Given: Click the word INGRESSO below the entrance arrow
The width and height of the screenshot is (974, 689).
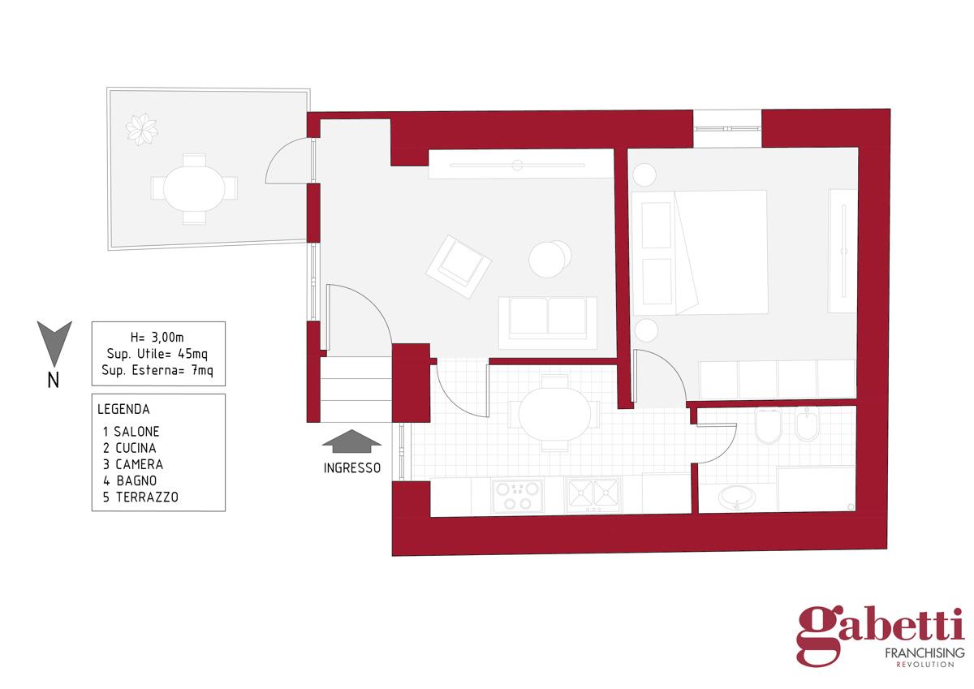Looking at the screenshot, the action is pyautogui.click(x=352, y=467).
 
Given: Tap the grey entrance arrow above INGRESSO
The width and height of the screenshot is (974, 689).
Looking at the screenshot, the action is pyautogui.click(x=351, y=441).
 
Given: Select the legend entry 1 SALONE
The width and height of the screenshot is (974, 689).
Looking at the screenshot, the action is pyautogui.click(x=131, y=432).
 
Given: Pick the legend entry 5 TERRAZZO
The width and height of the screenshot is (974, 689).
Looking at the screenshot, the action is pyautogui.click(x=140, y=497).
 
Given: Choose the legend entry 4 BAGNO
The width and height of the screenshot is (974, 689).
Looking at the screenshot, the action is pyautogui.click(x=130, y=480).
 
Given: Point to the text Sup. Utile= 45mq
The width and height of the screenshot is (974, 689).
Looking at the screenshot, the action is pyautogui.click(x=157, y=355).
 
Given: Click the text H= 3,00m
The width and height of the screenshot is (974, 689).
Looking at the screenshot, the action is pyautogui.click(x=157, y=338).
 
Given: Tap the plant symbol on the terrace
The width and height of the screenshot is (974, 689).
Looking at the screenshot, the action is pyautogui.click(x=141, y=129).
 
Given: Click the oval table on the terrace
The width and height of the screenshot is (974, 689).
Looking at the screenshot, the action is pyautogui.click(x=194, y=188).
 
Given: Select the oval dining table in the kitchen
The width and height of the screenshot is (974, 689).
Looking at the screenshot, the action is pyautogui.click(x=554, y=413).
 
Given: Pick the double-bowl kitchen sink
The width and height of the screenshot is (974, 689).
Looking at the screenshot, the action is pyautogui.click(x=593, y=496).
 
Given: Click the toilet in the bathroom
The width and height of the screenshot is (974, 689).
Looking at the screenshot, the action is pyautogui.click(x=769, y=425).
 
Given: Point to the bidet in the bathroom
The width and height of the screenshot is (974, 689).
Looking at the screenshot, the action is pyautogui.click(x=807, y=424).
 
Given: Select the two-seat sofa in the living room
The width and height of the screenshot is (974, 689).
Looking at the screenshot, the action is pyautogui.click(x=547, y=323).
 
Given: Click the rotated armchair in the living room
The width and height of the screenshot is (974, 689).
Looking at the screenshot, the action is pyautogui.click(x=459, y=267).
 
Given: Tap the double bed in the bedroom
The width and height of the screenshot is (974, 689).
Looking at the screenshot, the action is pyautogui.click(x=700, y=252).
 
